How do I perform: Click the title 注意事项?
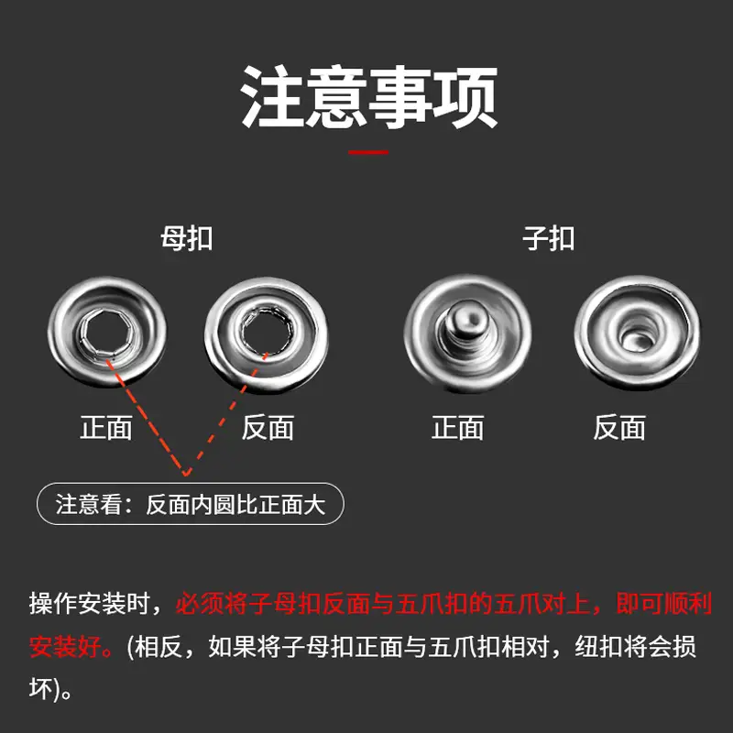click(x=368, y=97)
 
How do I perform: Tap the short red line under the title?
click(x=368, y=153)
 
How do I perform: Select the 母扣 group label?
click(x=187, y=239)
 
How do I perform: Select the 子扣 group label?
click(x=548, y=239)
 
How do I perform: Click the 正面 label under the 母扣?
click(x=106, y=428)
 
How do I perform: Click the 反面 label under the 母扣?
click(x=268, y=428)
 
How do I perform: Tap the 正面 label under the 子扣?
click(x=458, y=428)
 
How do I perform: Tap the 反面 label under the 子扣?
click(x=619, y=428)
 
